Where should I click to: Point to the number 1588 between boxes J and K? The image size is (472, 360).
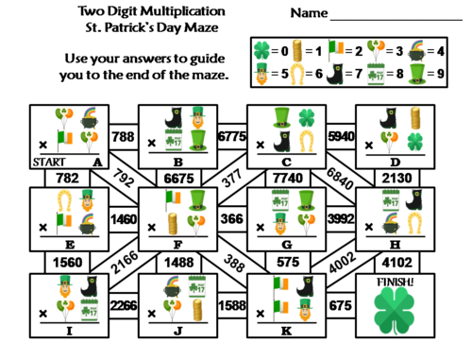click(x=229, y=304)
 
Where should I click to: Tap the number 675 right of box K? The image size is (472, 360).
click(x=337, y=304)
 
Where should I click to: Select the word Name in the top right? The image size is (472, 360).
click(x=309, y=14)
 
